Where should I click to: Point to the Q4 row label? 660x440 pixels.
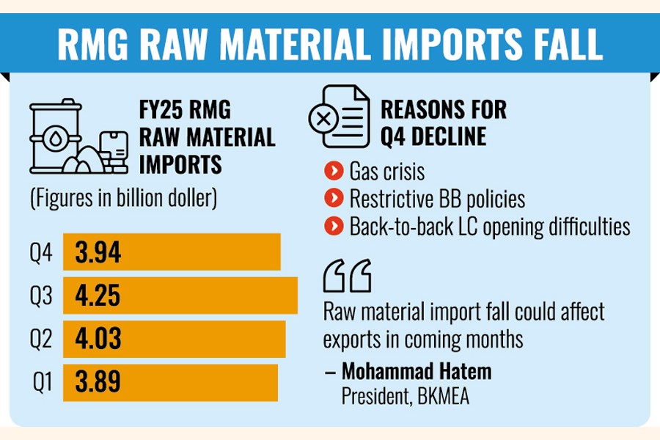(x=41, y=254)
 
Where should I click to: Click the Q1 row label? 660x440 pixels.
(x=43, y=382)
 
